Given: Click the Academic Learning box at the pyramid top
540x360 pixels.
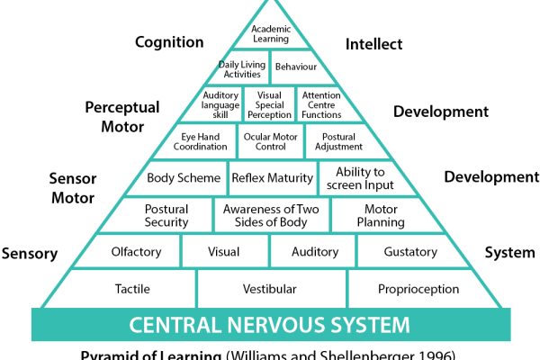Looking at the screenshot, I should pyautogui.click(x=270, y=34).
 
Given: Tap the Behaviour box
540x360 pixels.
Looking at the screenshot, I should pyautogui.click(x=295, y=67).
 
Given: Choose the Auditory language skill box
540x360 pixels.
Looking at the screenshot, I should pyautogui.click(x=220, y=104).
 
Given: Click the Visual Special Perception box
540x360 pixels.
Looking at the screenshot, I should pyautogui.click(x=270, y=104).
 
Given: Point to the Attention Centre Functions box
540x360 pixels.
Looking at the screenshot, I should pyautogui.click(x=321, y=104).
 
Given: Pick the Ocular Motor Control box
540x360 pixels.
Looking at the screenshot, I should pyautogui.click(x=270, y=141).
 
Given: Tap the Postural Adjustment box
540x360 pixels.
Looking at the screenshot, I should pyautogui.click(x=335, y=141).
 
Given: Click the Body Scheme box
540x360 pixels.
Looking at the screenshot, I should pyautogui.click(x=184, y=178).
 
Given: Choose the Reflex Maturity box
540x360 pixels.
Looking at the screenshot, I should pyautogui.click(x=273, y=178).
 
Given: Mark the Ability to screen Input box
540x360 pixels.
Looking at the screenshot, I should pyautogui.click(x=360, y=178).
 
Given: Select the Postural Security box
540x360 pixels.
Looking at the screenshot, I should pyautogui.click(x=166, y=215).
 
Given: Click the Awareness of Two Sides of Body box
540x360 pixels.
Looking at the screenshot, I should pyautogui.click(x=271, y=215).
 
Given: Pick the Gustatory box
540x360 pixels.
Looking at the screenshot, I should pyautogui.click(x=409, y=252).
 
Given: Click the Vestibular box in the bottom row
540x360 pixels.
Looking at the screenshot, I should pyautogui.click(x=270, y=289).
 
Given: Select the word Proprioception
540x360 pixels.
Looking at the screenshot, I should pyautogui.click(x=418, y=289).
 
